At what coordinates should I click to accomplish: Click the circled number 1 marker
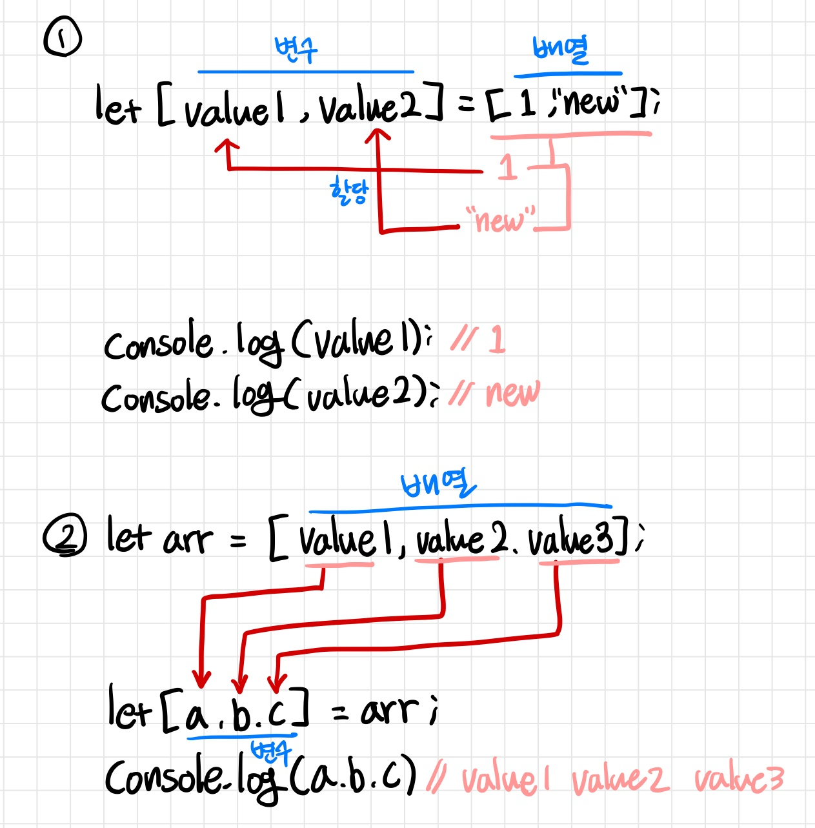click(x=62, y=37)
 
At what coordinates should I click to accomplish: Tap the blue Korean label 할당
click(x=348, y=191)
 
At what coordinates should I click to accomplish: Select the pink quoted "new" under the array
click(x=501, y=219)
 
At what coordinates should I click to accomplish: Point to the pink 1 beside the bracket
click(x=508, y=167)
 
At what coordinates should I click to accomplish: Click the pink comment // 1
click(x=478, y=339)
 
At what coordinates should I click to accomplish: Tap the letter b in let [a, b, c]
click(x=242, y=712)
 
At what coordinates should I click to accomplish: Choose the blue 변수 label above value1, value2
click(x=296, y=50)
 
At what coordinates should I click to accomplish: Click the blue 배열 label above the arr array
click(x=438, y=484)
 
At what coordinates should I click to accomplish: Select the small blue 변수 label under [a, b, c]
click(x=271, y=752)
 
